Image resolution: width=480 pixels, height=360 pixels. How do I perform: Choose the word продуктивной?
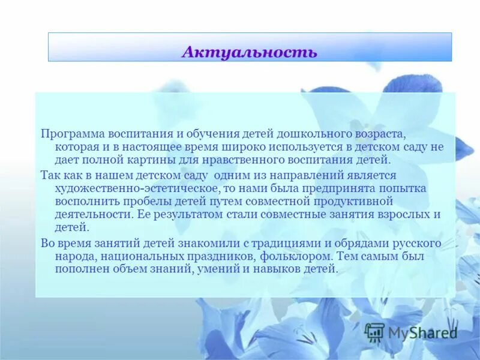coord(357,201)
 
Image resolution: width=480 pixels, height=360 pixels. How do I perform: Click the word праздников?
coord(210,257)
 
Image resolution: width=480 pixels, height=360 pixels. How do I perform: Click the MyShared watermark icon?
coord(375,332)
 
